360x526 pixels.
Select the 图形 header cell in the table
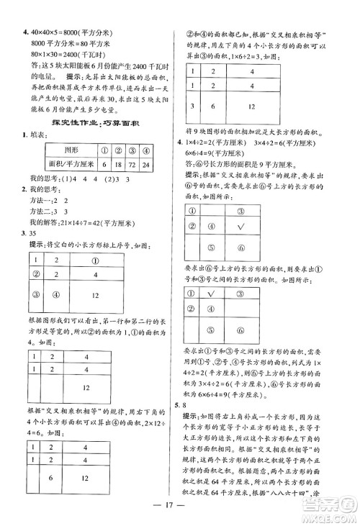pos(71,150)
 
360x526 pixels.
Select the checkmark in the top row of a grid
pos(212,293)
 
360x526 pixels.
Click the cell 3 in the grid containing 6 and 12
pos(193,105)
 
